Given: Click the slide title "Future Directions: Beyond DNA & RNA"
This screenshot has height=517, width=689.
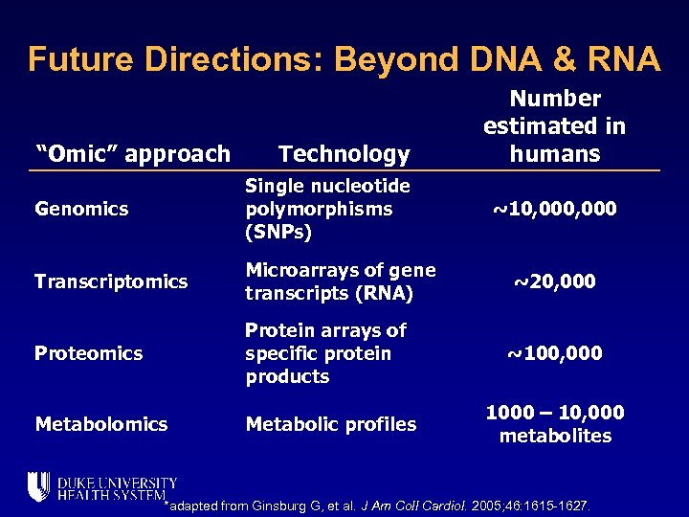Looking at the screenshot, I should tap(344, 59).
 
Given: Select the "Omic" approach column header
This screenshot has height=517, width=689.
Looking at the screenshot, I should tap(132, 153).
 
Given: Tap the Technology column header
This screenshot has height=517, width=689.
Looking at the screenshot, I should tap(344, 153).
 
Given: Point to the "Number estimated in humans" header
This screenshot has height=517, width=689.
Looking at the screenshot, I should tap(554, 125).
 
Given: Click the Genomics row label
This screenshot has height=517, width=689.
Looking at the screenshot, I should tap(81, 209).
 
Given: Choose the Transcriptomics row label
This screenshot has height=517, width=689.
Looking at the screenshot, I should tap(111, 281).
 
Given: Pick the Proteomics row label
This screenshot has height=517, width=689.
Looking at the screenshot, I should tap(88, 353).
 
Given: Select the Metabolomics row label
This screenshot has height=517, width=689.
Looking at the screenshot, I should tap(100, 424).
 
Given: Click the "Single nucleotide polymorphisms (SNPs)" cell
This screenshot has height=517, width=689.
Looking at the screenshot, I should tap(327, 209).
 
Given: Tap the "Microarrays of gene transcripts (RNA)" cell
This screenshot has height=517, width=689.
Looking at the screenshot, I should tap(340, 281).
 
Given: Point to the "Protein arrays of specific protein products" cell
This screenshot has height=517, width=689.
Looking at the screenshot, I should tap(325, 353).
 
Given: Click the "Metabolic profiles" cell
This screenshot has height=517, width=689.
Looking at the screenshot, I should tap(330, 424).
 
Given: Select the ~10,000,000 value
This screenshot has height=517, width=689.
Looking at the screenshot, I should tap(554, 209).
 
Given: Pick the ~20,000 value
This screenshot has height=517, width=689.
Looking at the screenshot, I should tap(554, 281).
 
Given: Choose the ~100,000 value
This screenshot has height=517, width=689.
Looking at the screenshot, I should tap(554, 353).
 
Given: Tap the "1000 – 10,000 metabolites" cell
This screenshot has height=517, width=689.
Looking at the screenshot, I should tap(554, 424).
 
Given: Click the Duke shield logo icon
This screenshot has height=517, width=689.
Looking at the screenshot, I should tap(38, 487).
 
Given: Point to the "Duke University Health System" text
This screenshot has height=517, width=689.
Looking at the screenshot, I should tap(116, 488).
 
